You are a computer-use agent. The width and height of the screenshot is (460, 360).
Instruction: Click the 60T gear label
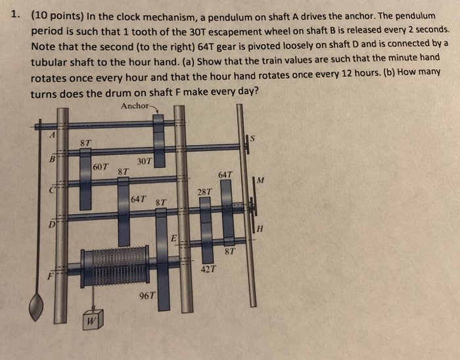click(x=101, y=168)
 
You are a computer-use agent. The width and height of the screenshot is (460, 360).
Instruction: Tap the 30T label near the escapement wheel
click(x=145, y=160)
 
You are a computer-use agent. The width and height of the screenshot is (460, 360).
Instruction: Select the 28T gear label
click(x=204, y=191)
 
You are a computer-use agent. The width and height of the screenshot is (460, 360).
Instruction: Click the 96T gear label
click(x=147, y=296)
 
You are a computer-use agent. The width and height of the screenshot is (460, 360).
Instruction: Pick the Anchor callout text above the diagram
click(x=135, y=106)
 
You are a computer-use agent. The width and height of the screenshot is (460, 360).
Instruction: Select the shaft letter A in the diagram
click(x=45, y=133)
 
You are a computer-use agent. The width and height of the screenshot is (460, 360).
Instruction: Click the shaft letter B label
click(x=44, y=158)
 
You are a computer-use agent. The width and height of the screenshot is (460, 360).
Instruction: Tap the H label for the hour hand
click(x=260, y=227)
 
